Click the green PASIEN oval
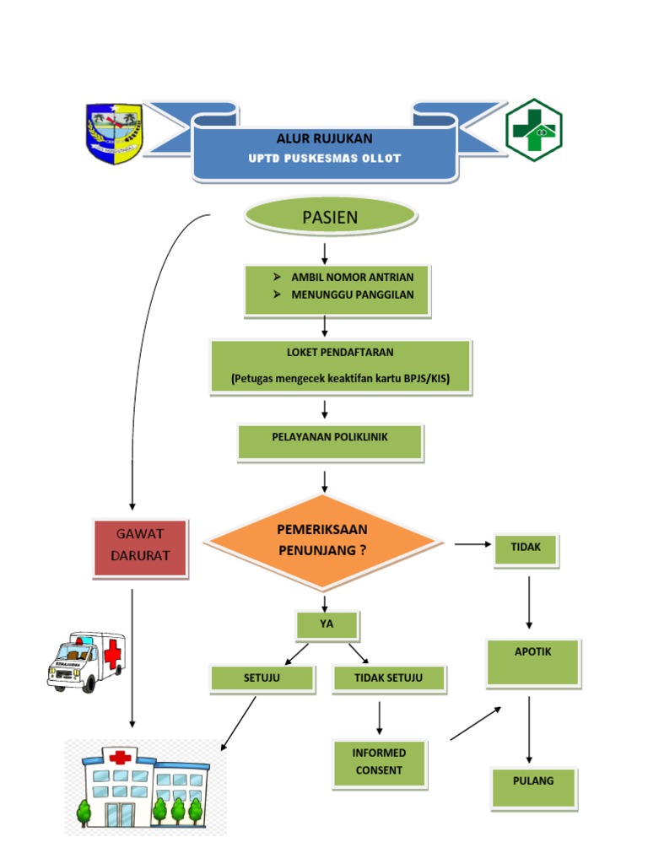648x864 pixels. [x=330, y=217]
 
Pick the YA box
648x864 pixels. [x=327, y=625]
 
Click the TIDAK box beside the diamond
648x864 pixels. [x=526, y=548]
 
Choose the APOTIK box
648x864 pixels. [x=532, y=661]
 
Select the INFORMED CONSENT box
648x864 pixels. [x=380, y=763]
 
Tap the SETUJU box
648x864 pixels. [x=262, y=678]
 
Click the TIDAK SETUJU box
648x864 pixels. [x=388, y=678]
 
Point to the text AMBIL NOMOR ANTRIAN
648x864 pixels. [x=352, y=277]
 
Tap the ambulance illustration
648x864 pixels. [x=86, y=661]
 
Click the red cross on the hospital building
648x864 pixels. [x=121, y=756]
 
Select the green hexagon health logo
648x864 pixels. [x=534, y=130]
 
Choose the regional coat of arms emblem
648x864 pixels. [x=115, y=133]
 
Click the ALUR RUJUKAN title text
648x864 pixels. [x=324, y=138]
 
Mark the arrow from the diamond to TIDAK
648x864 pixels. [x=473, y=544]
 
